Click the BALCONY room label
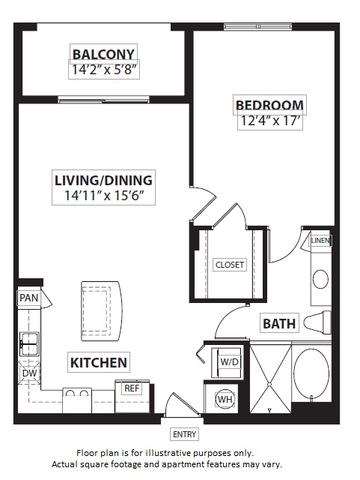coord(104,53)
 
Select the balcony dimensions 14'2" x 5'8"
coord(104,71)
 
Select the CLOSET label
coord(229,264)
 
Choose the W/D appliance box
coord(228,361)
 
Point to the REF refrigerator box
coord(132,387)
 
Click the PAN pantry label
coord(27,298)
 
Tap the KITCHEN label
coord(97,361)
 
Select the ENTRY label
coord(185,433)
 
